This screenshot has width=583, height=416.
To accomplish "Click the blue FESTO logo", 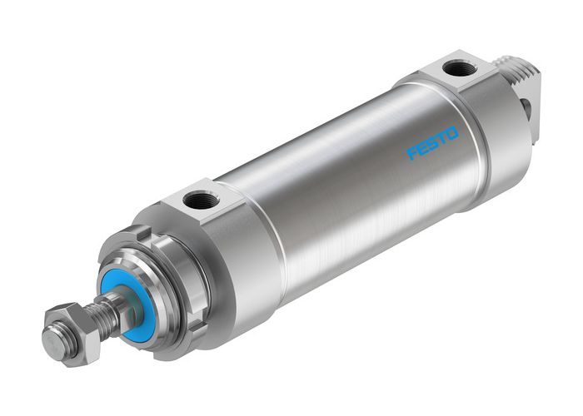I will point(432,143).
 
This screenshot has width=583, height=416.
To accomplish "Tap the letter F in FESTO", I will point(412,154).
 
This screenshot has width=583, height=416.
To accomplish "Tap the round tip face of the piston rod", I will point(55,339).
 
